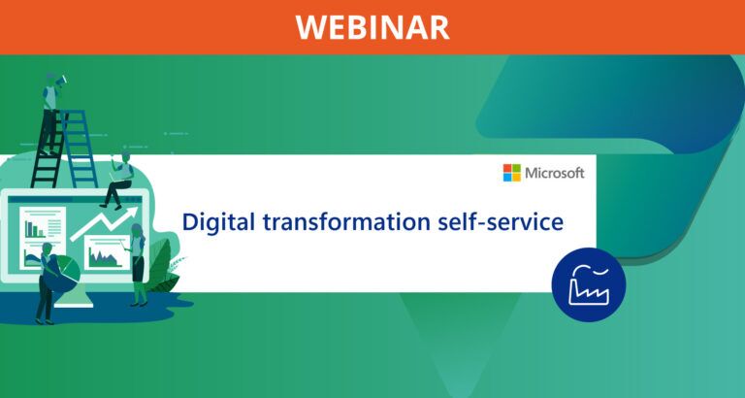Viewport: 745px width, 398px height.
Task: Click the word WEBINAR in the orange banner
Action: click(372, 26)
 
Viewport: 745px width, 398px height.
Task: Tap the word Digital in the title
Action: click(219, 222)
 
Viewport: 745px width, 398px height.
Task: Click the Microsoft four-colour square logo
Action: click(511, 173)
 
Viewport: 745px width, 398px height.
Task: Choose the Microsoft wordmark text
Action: click(555, 173)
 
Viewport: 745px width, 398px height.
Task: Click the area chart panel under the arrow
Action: click(104, 256)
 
